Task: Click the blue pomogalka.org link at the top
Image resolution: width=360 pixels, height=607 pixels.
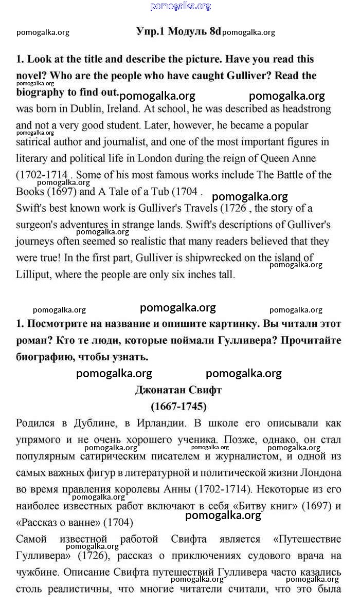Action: pos(181,6)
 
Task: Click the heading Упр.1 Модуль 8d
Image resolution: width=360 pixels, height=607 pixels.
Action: pos(178,31)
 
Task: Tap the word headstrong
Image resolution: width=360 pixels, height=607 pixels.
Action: pos(303,109)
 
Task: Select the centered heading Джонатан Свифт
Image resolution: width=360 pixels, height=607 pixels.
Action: pos(178,390)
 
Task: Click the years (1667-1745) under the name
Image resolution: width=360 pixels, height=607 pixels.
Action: pos(178,407)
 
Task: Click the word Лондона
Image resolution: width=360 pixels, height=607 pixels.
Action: pos(321,473)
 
